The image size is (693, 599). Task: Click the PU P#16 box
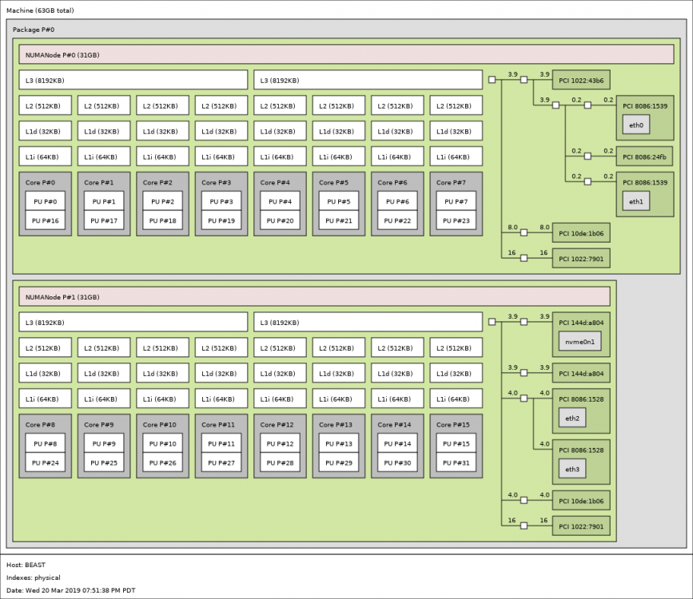[x=45, y=220]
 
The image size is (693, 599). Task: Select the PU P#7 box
[x=456, y=201]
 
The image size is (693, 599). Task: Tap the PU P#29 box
[x=339, y=462]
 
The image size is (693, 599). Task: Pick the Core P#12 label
[x=277, y=425]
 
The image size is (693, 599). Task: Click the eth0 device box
[x=636, y=125]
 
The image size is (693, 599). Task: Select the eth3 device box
[x=572, y=469]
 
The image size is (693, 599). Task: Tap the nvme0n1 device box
[x=579, y=342]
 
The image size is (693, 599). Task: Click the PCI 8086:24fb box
[x=645, y=157]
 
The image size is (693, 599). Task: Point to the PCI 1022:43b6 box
[x=581, y=80]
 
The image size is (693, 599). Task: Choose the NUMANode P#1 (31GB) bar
[x=314, y=296]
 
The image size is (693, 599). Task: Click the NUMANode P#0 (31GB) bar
[x=346, y=54]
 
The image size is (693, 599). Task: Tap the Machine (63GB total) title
[x=40, y=10]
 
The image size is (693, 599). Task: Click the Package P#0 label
[x=34, y=30]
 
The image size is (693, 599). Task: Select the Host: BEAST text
[x=26, y=565]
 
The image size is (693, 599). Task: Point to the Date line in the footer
[x=70, y=590]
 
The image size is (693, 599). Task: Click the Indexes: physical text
[x=33, y=577]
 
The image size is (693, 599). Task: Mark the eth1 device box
[x=636, y=201]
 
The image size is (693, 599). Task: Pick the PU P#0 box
[x=45, y=201]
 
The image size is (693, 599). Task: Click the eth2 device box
[x=572, y=418]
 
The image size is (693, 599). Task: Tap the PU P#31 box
[x=456, y=462]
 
